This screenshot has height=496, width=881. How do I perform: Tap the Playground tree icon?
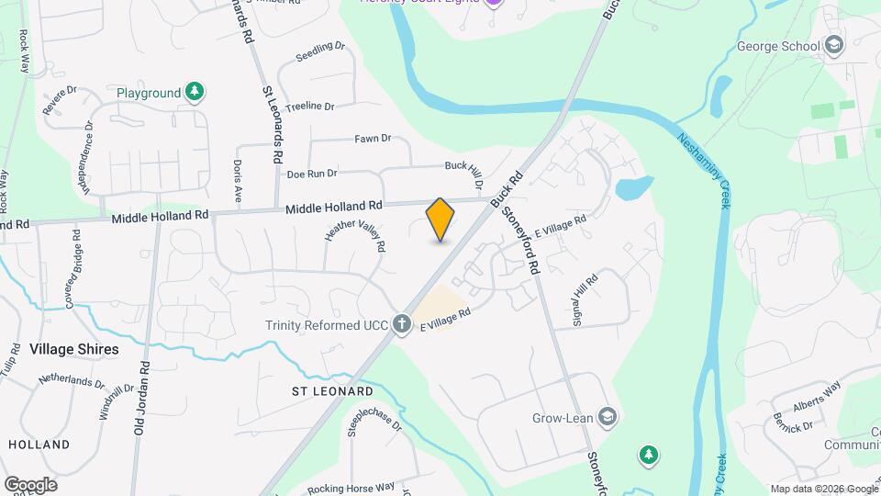[x=194, y=92]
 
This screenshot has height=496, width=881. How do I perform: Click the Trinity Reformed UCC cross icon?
[x=401, y=323]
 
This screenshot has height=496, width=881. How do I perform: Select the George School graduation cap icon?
[x=833, y=45]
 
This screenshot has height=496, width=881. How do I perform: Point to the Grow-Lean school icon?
[x=606, y=418]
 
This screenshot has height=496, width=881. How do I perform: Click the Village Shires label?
[x=73, y=349]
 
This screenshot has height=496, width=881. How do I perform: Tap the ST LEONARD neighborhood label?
[x=332, y=391]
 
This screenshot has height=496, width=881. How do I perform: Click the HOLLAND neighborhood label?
[x=39, y=445]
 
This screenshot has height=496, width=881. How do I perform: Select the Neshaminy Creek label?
[x=703, y=171]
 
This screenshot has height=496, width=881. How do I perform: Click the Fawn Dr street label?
[x=373, y=139]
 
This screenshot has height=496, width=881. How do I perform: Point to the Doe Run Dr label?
[x=312, y=174]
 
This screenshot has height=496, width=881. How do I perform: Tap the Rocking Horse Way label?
[x=351, y=487]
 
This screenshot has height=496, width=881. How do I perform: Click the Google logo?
[x=30, y=484]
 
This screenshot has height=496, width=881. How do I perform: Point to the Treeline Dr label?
[x=309, y=107]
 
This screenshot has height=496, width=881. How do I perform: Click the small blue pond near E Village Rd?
[x=633, y=188]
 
